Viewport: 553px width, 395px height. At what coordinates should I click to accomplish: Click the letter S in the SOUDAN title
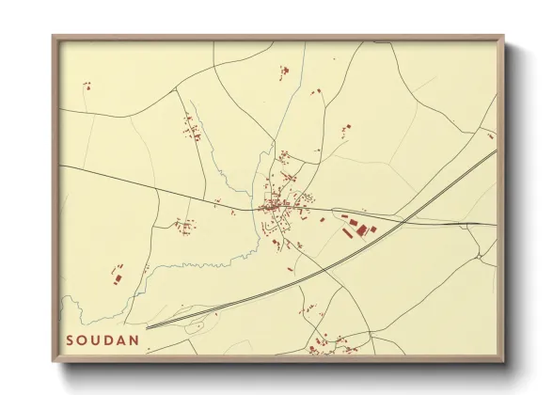[71, 340]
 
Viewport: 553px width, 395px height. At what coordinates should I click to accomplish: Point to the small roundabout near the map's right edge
[480, 253]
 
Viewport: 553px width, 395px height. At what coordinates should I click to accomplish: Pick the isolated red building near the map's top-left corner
[87, 86]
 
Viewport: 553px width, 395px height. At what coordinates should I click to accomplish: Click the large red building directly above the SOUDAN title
[118, 275]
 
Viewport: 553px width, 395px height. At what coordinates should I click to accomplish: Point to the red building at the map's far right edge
[490, 134]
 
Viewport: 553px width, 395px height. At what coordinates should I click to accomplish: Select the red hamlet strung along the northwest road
[192, 128]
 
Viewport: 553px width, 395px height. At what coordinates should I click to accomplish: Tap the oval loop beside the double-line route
[197, 326]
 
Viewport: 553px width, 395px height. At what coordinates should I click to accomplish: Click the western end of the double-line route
[148, 328]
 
